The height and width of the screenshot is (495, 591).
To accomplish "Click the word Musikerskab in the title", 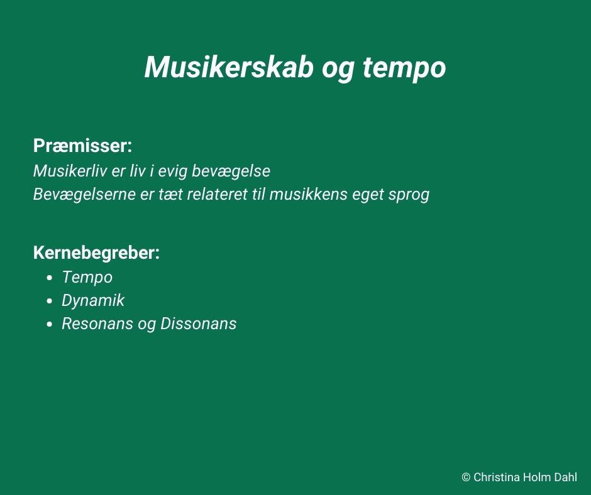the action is [229, 67].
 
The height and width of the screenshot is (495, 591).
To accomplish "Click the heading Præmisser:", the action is [82, 145].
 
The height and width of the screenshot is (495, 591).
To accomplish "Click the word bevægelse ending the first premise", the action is [231, 171].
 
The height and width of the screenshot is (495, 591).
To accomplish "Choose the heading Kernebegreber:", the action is [96, 253].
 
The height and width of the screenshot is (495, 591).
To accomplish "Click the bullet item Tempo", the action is [87, 278].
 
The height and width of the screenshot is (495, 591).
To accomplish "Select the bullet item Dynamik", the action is [93, 301].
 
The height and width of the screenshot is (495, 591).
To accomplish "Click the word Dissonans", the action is [199, 324].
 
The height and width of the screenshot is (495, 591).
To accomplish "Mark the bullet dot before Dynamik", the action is [50, 302].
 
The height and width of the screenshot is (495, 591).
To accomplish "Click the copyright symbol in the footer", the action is [466, 477].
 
